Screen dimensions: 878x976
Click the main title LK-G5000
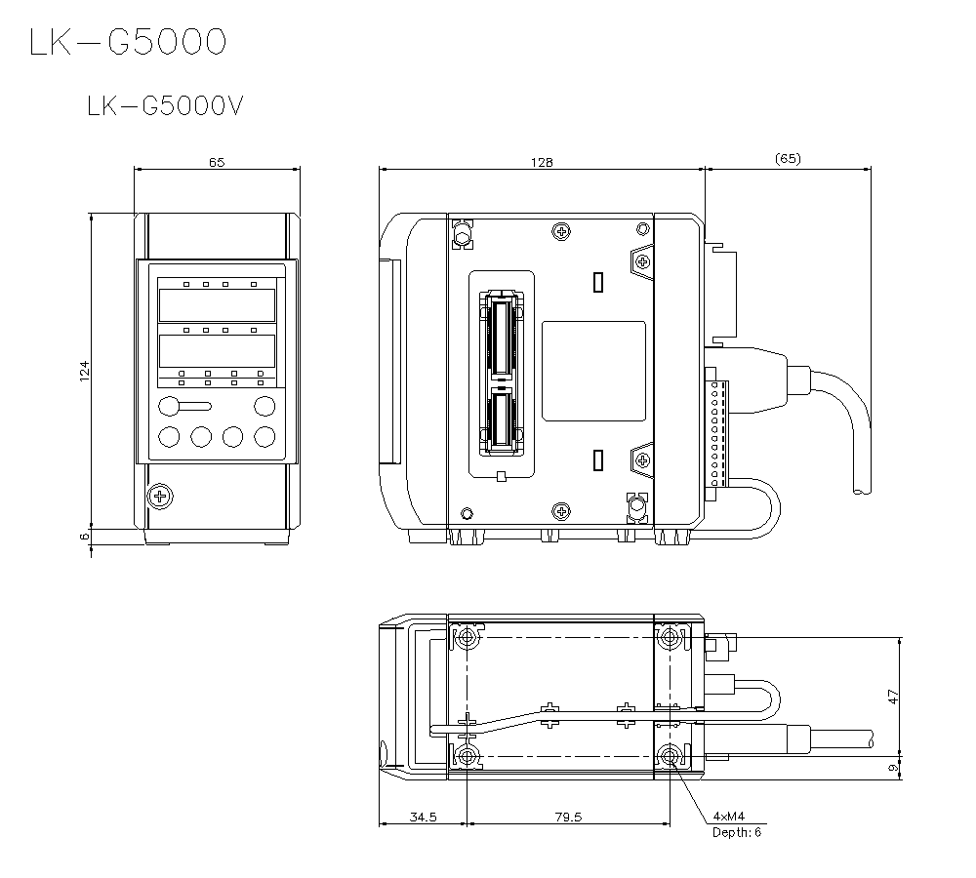coord(128,42)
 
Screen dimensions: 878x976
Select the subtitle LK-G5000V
coord(165,105)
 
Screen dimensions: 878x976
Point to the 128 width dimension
coord(542,162)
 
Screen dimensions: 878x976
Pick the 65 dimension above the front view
coord(217,162)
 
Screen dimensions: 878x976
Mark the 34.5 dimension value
coord(424,818)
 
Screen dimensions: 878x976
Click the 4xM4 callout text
coord(729,816)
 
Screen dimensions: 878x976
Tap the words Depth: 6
coord(737,832)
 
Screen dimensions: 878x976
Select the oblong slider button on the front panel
coord(183,406)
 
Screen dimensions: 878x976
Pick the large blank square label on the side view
coord(593,372)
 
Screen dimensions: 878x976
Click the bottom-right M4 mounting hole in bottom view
coord(671,757)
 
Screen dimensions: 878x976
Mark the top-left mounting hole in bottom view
coord(468,637)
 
